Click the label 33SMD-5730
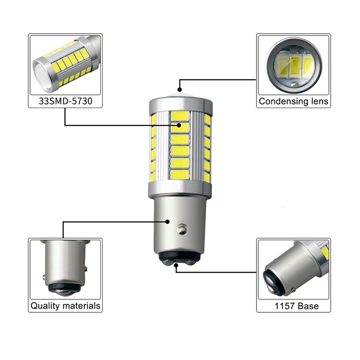coord(65,101)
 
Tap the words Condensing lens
coord(293,101)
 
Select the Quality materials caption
coord(65,306)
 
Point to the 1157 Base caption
coord(297,306)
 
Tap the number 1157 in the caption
coord(284,306)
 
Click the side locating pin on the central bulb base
coord(182,229)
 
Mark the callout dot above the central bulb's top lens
coord(180,90)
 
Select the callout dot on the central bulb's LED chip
coord(179,125)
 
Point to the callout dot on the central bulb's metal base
coord(167,221)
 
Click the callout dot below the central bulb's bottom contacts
coord(176,265)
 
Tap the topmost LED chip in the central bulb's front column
coord(180,116)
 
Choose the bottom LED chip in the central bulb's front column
coord(180,175)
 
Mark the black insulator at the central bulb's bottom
coord(179,257)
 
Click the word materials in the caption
coord(81,306)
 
